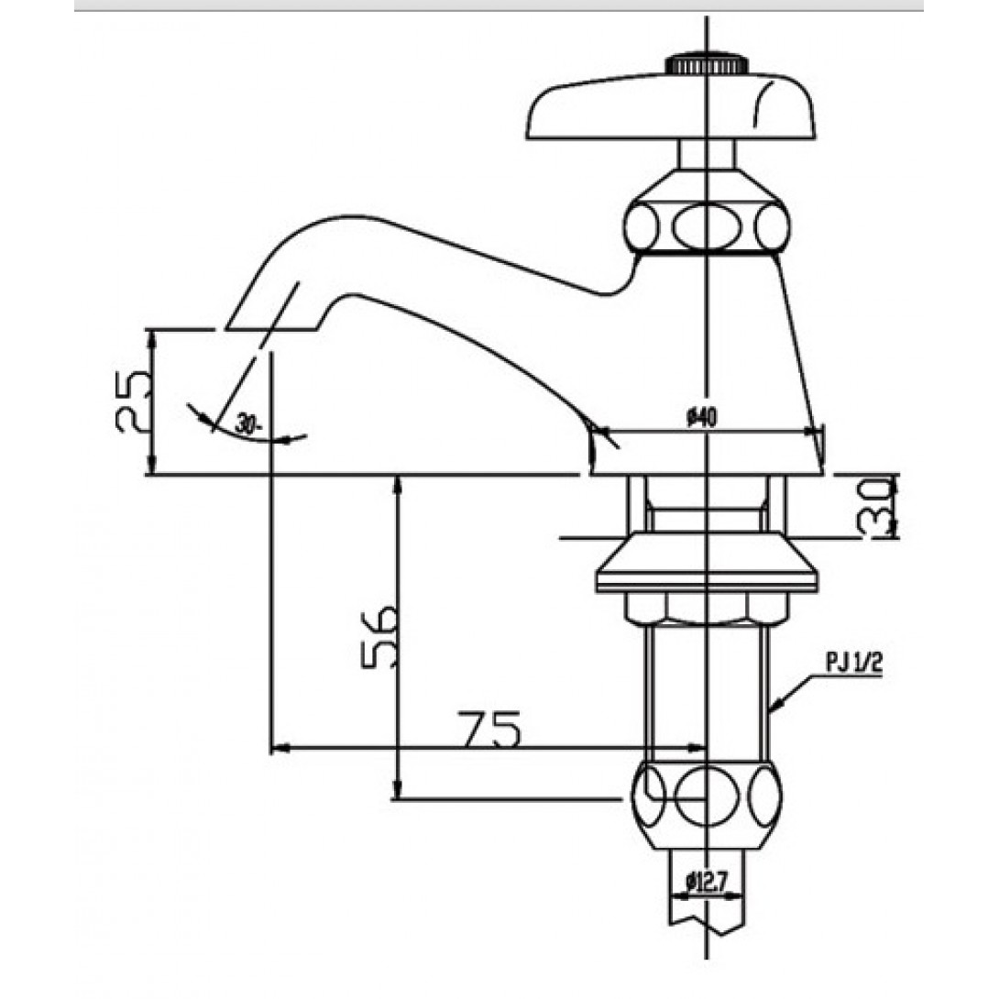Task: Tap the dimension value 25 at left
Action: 133,402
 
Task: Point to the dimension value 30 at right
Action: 877,507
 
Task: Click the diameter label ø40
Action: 701,418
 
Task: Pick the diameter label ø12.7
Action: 708,883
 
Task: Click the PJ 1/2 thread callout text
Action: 854,664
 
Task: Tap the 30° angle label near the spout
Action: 249,423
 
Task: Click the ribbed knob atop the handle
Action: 706,64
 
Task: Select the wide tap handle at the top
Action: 670,106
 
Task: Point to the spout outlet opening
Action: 270,329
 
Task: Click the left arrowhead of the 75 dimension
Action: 279,748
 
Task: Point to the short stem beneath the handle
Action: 706,154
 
